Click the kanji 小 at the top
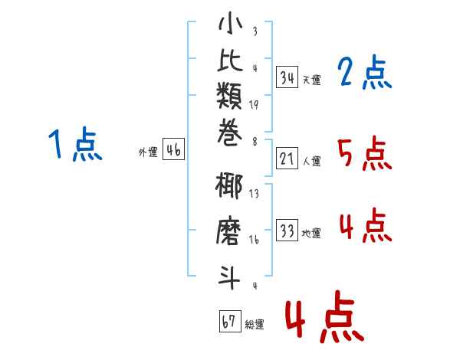230,23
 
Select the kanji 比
230,60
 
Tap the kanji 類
229,96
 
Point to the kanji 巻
230,133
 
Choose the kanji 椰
228,186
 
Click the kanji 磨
228,231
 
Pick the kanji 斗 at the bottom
229,277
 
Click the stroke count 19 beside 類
254,105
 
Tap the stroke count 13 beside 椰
254,193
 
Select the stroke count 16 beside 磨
254,240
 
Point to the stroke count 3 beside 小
255,31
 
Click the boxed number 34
287,77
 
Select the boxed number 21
287,159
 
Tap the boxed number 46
173,149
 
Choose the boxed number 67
230,321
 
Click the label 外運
148,152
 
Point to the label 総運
255,325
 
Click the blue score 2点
365,72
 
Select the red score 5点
365,153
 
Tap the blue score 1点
75,144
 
